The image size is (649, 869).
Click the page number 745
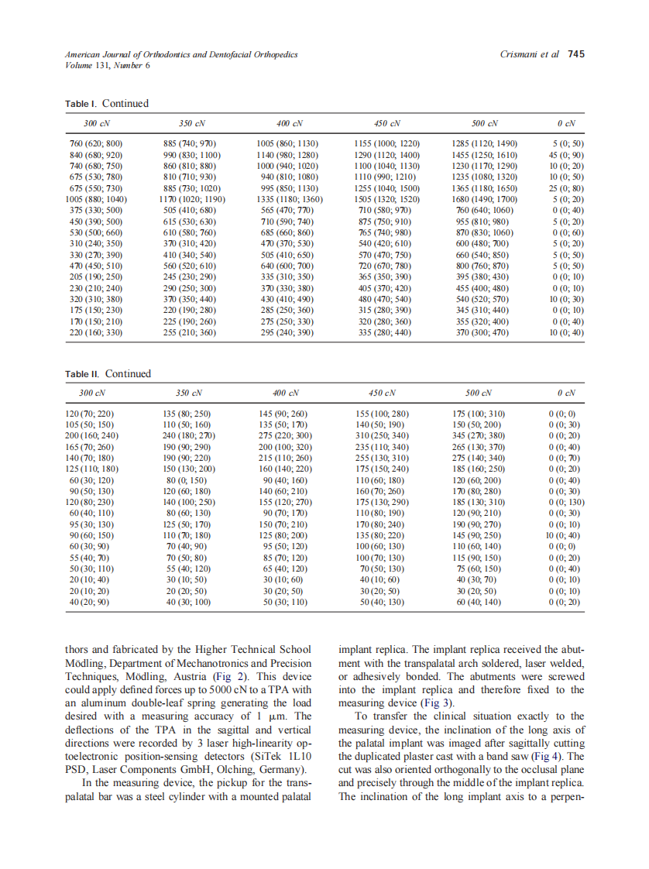coord(576,54)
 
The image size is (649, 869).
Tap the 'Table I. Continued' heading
coord(106,104)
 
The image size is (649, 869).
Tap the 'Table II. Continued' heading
coord(108,373)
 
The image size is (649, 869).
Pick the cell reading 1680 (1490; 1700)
coord(484,199)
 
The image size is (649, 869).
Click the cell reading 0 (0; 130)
coord(565,502)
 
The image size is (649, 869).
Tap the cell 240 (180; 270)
coord(187,436)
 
